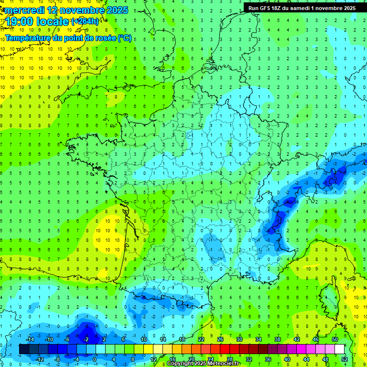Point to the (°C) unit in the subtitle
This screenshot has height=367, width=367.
pyautogui.click(x=124, y=38)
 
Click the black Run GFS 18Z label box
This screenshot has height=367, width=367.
pyautogui.click(x=302, y=8)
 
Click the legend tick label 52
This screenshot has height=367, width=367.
pyautogui.click(x=344, y=359)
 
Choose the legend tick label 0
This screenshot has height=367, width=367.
pyautogui.click(x=95, y=359)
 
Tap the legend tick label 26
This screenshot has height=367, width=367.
pyautogui.click(x=220, y=339)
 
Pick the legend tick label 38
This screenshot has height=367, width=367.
pyautogui.click(x=277, y=339)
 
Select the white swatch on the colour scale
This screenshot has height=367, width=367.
pyautogui.click(x=339, y=349)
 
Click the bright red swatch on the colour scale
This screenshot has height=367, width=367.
pyautogui.click(x=225, y=349)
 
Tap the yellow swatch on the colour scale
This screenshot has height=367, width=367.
pyautogui.click(x=158, y=349)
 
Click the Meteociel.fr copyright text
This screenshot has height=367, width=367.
pyautogui.click(x=203, y=364)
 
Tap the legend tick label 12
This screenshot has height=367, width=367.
pyautogui.click(x=153, y=359)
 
